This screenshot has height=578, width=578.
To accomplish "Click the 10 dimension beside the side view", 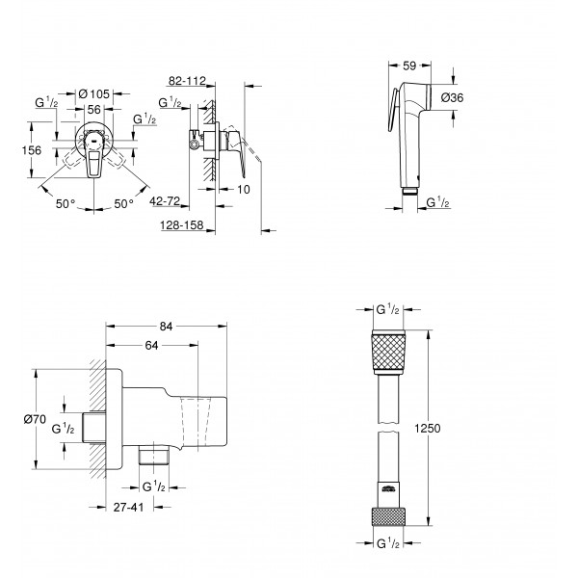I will [244, 189].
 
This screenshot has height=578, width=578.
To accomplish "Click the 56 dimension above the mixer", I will [94, 110].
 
